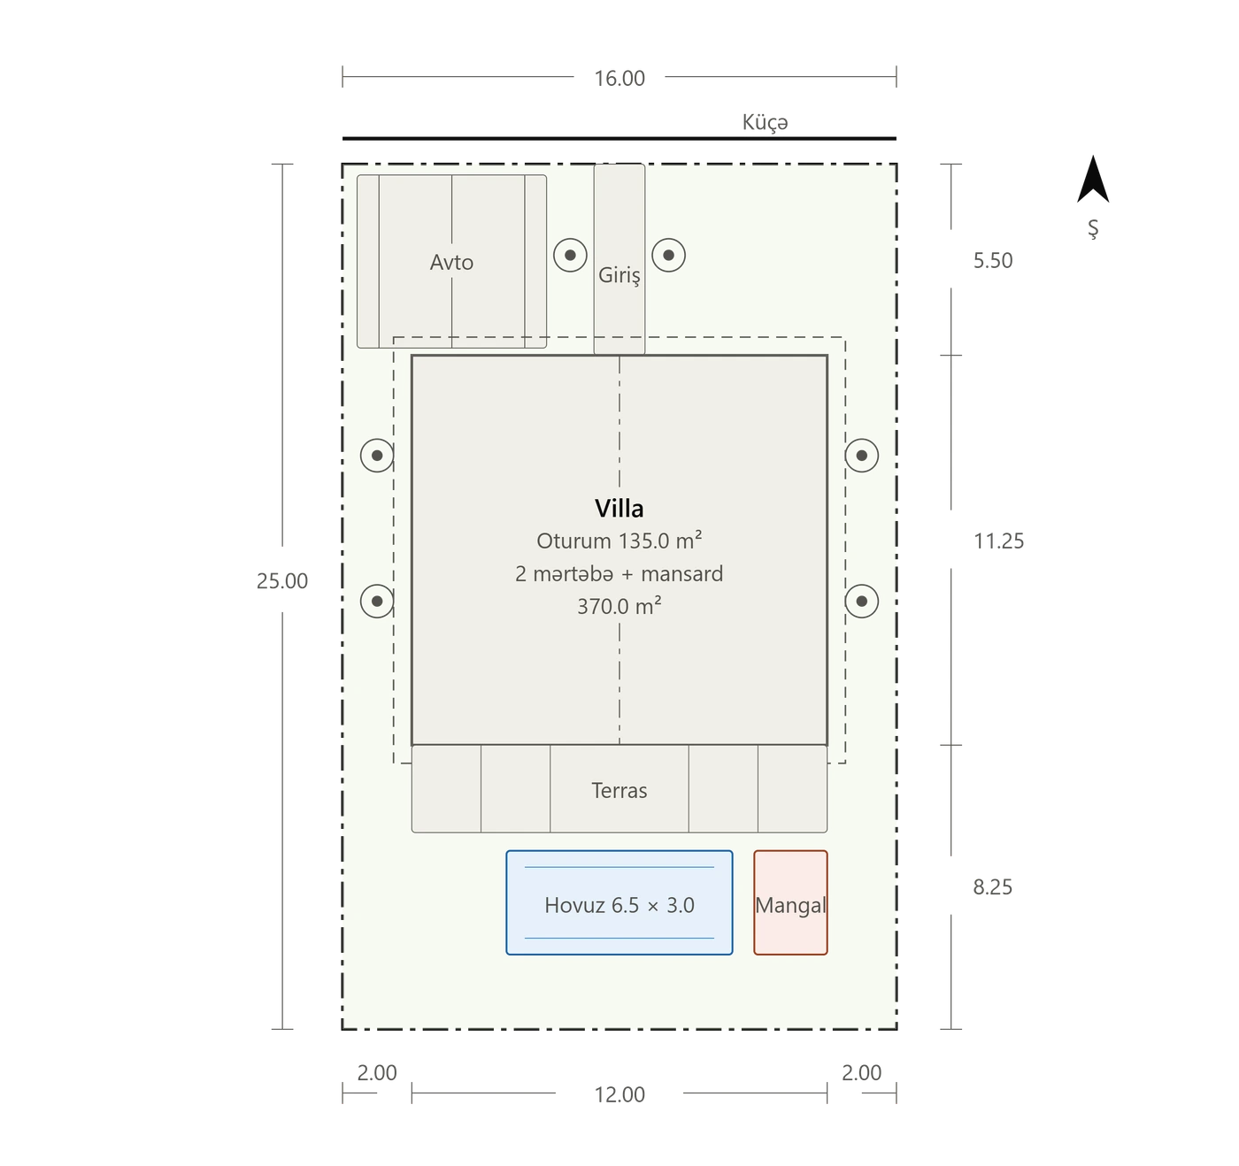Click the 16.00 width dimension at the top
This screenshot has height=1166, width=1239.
coord(619,79)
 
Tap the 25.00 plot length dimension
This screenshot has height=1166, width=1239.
coord(282,581)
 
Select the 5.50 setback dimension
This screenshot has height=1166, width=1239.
coord(993,260)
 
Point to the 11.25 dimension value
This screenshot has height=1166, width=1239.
coord(998,541)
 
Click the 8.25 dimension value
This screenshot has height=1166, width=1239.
coord(993,887)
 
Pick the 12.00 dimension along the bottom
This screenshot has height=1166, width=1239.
coord(619,1095)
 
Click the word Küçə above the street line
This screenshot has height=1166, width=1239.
coord(765,122)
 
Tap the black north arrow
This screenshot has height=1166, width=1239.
coord(1092,179)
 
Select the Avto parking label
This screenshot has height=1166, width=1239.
coord(451,262)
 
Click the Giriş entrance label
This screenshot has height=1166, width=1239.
coord(619,275)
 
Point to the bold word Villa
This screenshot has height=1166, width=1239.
coord(619,509)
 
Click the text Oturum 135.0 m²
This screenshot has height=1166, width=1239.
coord(619,541)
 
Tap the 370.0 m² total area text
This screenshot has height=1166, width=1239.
coord(619,606)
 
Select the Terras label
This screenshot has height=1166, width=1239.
coord(619,790)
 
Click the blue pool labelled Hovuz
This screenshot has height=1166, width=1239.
coord(619,902)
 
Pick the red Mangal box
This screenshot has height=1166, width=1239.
coord(789,902)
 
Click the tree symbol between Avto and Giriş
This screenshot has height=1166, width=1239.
coord(570,255)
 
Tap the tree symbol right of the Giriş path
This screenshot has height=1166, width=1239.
coord(668,255)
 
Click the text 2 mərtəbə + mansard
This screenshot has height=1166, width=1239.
coord(619,573)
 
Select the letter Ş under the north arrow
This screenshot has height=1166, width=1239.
coord(1092,229)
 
